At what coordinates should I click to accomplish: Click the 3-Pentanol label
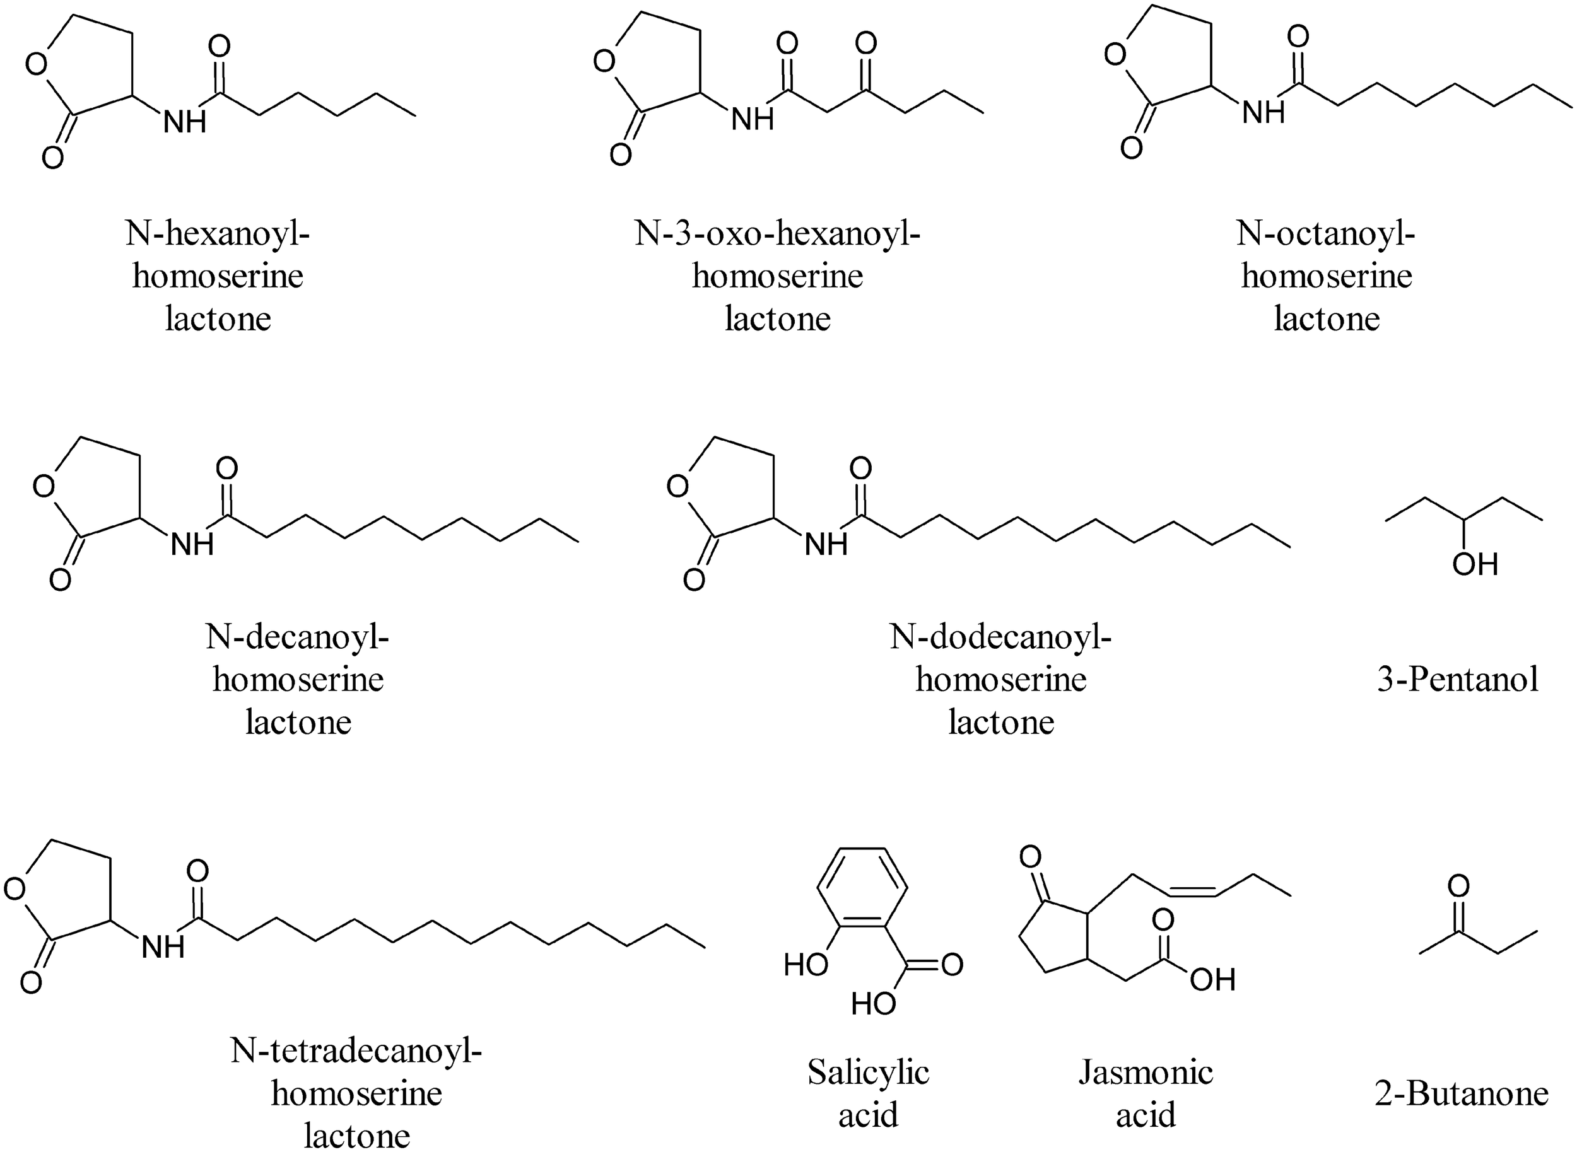pos(1458,679)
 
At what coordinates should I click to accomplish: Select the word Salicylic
pos(869,1073)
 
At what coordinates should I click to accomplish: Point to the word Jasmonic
pos(1146,1073)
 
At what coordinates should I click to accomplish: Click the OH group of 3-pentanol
pos(1475,564)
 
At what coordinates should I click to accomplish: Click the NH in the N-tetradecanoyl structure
pos(163,947)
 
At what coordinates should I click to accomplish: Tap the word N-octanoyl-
pos(1326,233)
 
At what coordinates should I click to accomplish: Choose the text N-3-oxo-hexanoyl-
pos(777,233)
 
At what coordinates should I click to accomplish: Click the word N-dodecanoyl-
pos(1000,637)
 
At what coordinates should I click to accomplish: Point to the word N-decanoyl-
pos(298,637)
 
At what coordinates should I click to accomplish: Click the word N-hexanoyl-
pos(218,233)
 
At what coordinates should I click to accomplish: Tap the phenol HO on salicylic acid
pos(806,965)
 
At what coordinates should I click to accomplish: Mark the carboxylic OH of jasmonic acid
pos(1212,980)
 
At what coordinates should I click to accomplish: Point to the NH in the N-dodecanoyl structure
pos(826,544)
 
